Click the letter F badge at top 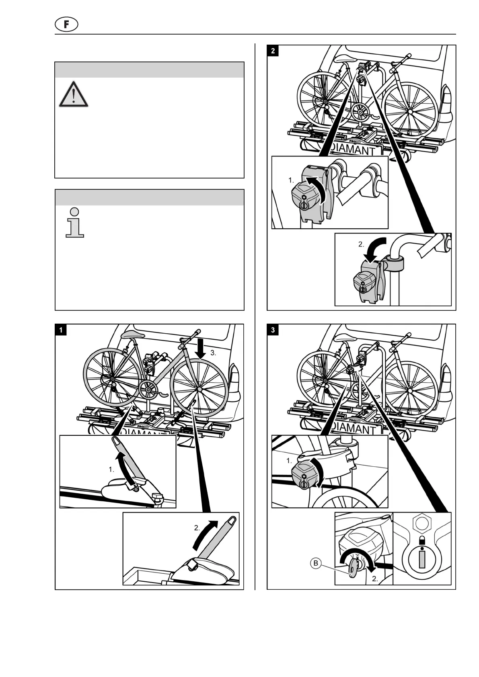click(x=66, y=25)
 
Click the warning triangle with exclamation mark click(x=73, y=95)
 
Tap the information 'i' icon click(x=74, y=222)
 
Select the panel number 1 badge click(x=61, y=330)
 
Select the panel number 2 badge click(x=273, y=51)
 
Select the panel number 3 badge click(x=273, y=330)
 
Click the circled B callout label click(x=316, y=563)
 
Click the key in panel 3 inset click(x=353, y=568)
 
